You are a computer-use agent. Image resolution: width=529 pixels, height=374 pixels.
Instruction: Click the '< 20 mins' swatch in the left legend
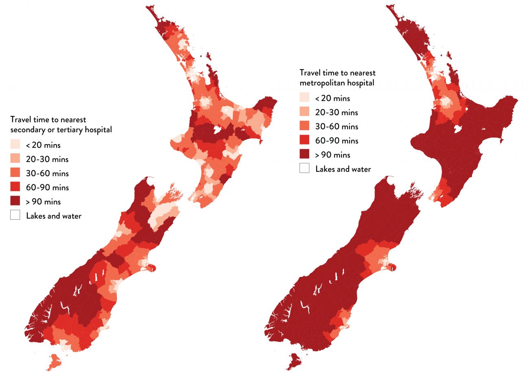tap(15, 144)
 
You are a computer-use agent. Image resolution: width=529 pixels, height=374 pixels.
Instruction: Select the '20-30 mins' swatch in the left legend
tap(15, 159)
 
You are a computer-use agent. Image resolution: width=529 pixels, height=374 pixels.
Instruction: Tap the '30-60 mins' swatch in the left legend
tap(15, 173)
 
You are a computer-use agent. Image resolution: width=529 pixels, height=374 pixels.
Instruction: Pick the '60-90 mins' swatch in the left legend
tap(15, 187)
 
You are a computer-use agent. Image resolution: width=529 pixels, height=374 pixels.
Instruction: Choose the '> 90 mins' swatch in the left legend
tap(15, 201)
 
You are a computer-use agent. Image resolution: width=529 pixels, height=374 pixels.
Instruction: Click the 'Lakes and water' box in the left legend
tap(15, 215)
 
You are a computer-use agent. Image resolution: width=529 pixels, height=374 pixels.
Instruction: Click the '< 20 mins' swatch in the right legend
tap(304, 98)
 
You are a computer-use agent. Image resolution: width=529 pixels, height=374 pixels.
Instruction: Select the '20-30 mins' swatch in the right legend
tap(304, 112)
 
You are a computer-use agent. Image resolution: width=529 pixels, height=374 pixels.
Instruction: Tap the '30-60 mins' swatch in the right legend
tap(304, 126)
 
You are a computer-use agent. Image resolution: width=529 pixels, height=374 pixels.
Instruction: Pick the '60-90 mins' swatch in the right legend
tap(304, 140)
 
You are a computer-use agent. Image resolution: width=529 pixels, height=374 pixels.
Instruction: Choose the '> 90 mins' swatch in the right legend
tap(304, 154)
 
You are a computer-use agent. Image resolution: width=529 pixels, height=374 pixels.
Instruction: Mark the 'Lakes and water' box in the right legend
tap(304, 168)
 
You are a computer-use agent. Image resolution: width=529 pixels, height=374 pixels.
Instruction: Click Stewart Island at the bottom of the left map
tap(54, 361)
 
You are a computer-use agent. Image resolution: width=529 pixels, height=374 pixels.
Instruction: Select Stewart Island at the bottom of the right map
tap(296, 361)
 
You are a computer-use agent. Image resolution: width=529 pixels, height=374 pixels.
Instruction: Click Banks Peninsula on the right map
tap(391, 267)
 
